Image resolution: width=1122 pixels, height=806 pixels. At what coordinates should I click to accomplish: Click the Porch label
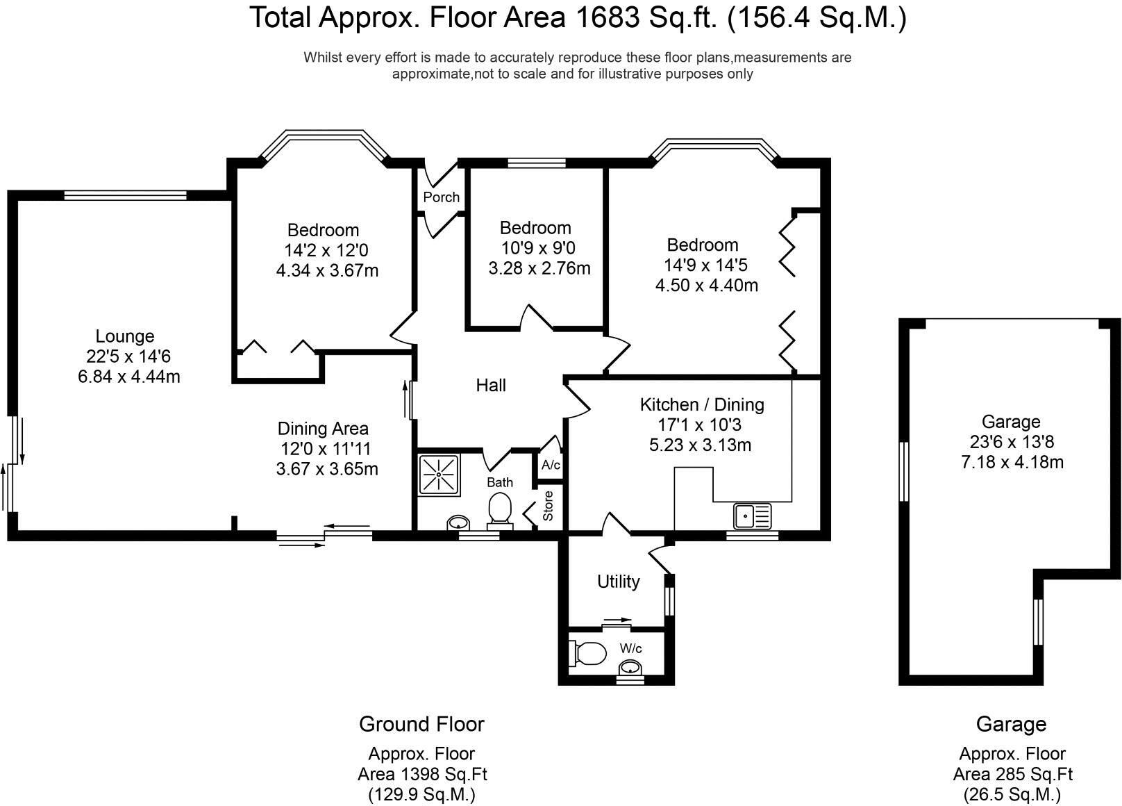(441, 197)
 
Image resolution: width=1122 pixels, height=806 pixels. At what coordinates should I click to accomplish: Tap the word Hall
(491, 385)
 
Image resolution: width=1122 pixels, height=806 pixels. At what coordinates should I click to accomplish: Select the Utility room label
(619, 582)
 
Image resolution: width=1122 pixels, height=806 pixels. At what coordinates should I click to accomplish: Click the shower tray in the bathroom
(439, 474)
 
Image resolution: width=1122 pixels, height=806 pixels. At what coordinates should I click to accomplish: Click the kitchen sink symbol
(753, 516)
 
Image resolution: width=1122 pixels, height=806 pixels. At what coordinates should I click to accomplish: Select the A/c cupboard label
(551, 465)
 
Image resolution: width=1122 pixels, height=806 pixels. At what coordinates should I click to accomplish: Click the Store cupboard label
(548, 506)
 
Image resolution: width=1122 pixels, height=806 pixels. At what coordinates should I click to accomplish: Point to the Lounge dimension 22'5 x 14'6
(128, 356)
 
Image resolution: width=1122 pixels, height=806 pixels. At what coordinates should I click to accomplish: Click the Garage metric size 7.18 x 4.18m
(1012, 461)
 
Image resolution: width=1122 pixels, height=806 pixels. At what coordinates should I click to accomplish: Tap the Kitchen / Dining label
(702, 404)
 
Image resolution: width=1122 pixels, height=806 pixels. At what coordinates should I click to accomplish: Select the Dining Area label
(323, 429)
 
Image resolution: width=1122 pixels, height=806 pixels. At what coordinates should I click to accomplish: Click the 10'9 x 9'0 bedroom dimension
(539, 248)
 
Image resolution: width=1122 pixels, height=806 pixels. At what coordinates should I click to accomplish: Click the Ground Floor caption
(421, 724)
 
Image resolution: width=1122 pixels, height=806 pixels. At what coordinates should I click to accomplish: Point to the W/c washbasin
(630, 668)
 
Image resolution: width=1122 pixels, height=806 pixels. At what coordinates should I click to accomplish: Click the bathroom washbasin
(458, 523)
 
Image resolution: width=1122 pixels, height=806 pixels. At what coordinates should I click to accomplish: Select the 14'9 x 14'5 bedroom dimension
(705, 265)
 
